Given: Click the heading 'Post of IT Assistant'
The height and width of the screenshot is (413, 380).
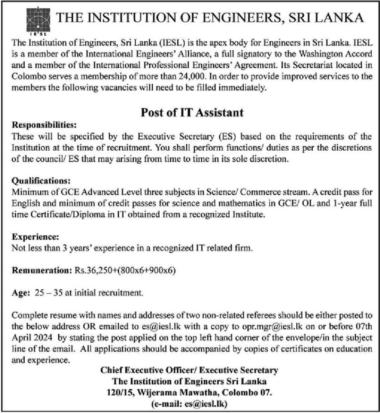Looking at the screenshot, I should [192, 113].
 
